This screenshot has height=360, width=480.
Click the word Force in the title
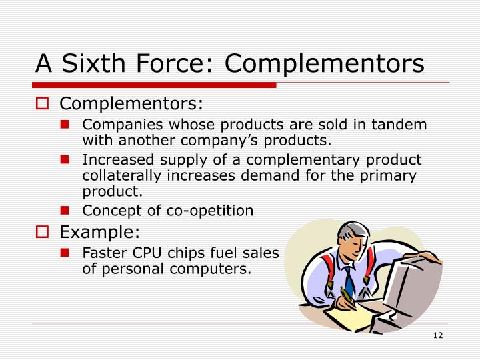(x=166, y=64)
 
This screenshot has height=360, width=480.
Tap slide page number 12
(x=438, y=335)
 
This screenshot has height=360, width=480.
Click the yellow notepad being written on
(x=350, y=319)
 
